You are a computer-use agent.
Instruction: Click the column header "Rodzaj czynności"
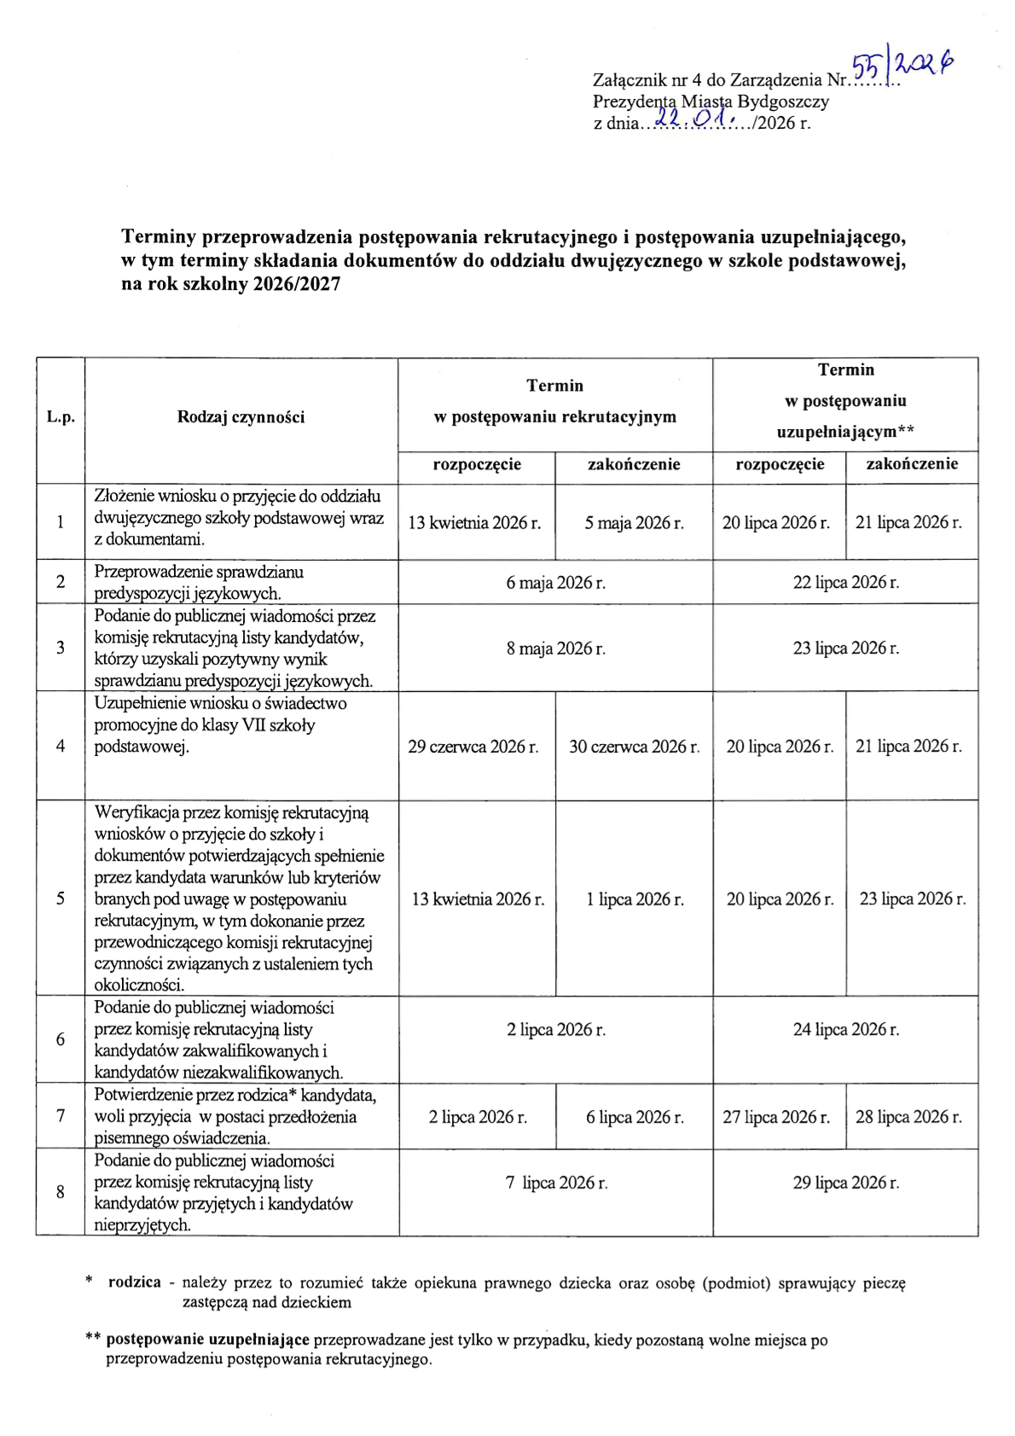(241, 417)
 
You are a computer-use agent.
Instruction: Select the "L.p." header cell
(61, 417)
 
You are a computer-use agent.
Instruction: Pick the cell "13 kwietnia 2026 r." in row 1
(474, 523)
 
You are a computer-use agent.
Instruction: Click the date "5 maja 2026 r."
(634, 523)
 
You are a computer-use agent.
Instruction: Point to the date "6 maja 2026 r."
(555, 583)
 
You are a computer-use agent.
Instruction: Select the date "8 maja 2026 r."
(555, 648)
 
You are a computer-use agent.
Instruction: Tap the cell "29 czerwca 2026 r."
(473, 747)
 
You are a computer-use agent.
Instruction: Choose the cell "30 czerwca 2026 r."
(634, 747)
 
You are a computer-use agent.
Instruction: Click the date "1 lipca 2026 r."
(635, 899)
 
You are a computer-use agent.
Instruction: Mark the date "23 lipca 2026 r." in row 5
(912, 899)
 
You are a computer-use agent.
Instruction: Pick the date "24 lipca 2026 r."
(845, 1030)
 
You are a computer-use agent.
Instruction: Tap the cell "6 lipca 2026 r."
(635, 1117)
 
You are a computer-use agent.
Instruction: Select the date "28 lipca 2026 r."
(908, 1117)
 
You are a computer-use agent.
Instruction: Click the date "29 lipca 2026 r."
(845, 1183)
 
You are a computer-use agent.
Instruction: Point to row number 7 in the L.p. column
(61, 1116)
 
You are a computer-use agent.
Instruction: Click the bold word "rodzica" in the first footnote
(134, 1282)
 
